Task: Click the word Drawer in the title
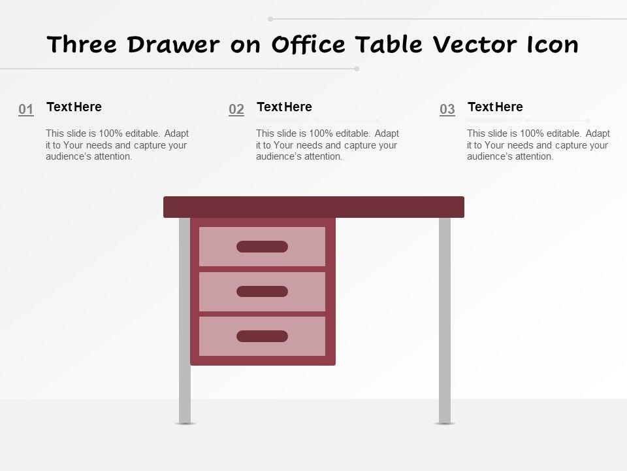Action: click(x=174, y=44)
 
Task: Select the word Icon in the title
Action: click(x=553, y=44)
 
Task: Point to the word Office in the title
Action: click(x=308, y=44)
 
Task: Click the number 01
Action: click(x=26, y=109)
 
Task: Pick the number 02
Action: click(x=236, y=109)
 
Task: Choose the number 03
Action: click(x=447, y=109)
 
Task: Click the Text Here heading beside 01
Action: click(x=74, y=107)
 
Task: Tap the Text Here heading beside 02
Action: click(x=284, y=107)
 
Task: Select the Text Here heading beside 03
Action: click(x=496, y=107)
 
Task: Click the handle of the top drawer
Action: click(x=263, y=247)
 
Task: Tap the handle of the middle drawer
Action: click(x=263, y=292)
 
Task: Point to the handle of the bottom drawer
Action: click(x=263, y=336)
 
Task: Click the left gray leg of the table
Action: click(x=184, y=321)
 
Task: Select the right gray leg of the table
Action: click(x=445, y=321)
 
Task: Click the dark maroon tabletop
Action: click(x=314, y=207)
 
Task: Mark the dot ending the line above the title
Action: click(x=270, y=19)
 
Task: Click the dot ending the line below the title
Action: click(x=357, y=69)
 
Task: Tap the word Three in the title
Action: click(x=82, y=44)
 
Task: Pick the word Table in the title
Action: click(x=389, y=44)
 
